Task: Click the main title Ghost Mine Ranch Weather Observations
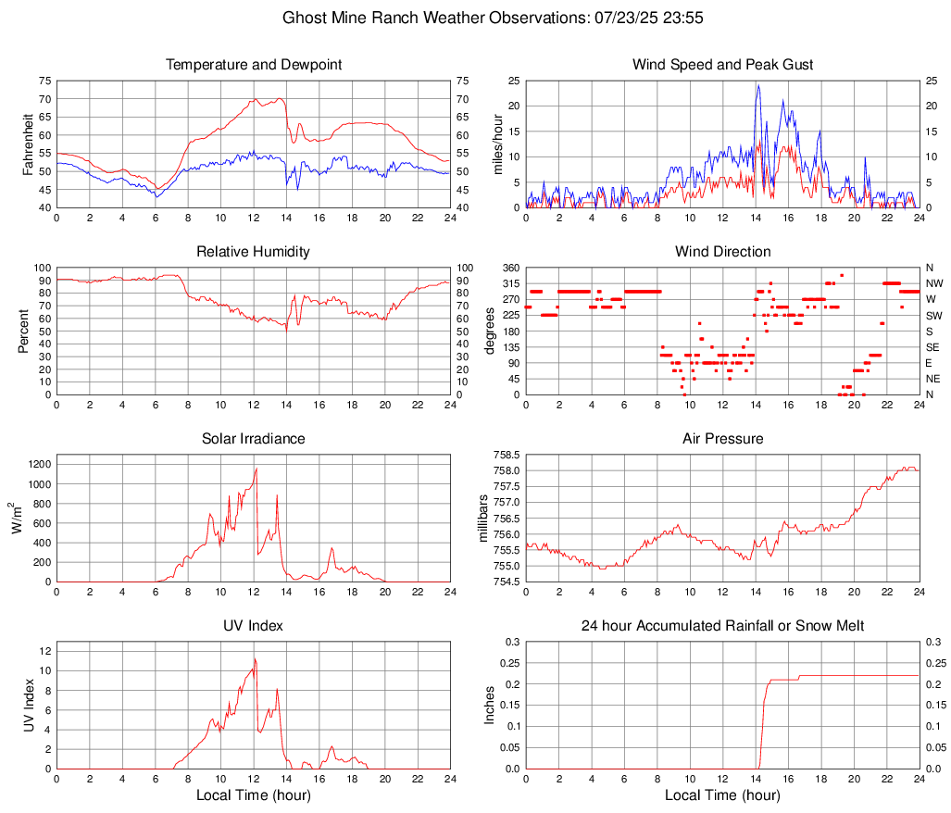(476, 18)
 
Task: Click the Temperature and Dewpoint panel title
(254, 65)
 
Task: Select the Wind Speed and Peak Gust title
(722, 65)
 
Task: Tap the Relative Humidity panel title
(254, 252)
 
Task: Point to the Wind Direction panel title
(722, 252)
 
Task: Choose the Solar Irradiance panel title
(254, 439)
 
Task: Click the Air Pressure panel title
(722, 439)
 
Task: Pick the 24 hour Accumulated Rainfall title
(722, 627)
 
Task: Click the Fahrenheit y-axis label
(28, 144)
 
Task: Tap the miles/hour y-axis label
(497, 144)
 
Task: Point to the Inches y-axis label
(491, 706)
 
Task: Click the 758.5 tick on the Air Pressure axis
(506, 455)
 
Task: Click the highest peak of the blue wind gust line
(758, 85)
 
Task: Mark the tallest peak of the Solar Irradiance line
(257, 469)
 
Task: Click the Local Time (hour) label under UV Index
(254, 795)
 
